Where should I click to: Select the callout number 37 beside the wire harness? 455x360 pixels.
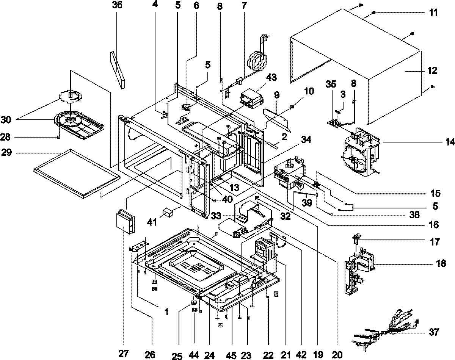coord(434,332)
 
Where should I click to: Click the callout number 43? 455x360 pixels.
coord(271,77)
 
